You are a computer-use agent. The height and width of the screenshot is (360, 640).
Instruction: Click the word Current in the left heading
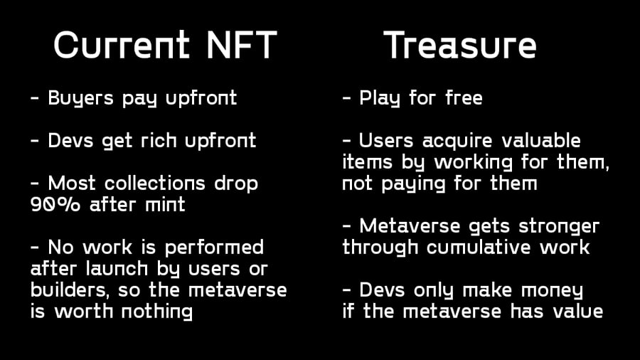click(x=122, y=45)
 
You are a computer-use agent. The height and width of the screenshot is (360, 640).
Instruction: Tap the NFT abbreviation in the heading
click(x=242, y=45)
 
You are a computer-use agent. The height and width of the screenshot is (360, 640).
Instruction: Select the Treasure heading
click(x=460, y=45)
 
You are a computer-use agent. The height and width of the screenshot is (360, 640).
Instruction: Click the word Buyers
click(x=80, y=98)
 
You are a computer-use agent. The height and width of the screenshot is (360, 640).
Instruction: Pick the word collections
click(x=155, y=184)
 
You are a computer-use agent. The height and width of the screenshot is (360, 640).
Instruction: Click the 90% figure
click(x=55, y=204)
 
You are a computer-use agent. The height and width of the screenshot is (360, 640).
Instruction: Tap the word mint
click(x=165, y=204)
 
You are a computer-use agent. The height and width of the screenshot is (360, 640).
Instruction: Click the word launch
click(x=117, y=268)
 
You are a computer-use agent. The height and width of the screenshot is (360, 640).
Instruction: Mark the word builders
click(x=70, y=290)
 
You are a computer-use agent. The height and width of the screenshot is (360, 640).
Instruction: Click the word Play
click(x=380, y=98)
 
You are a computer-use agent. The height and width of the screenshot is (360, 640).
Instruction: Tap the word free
click(x=464, y=98)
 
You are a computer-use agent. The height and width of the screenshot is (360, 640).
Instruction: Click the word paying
click(x=413, y=184)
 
